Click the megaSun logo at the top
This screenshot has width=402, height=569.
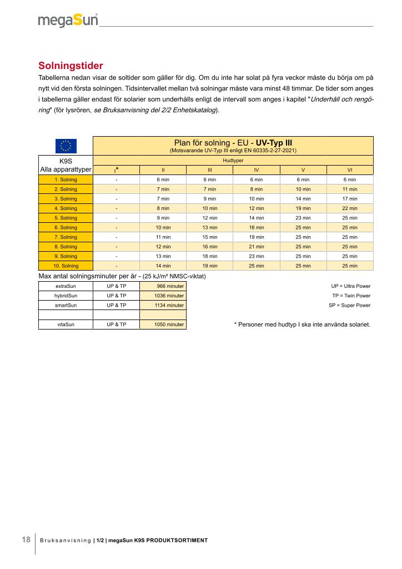click(68, 21)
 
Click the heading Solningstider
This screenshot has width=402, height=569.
click(71, 66)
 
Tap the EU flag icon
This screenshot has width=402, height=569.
click(66, 146)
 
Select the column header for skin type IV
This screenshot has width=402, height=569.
click(256, 170)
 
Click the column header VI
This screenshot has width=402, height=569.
click(350, 170)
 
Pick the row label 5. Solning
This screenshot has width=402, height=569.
click(66, 218)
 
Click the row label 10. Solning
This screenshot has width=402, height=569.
click(66, 266)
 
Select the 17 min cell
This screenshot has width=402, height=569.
click(350, 198)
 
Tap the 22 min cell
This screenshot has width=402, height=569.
click(350, 208)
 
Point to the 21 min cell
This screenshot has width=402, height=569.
click(256, 247)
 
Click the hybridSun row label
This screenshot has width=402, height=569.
click(66, 296)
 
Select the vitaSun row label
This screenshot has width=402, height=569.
click(66, 324)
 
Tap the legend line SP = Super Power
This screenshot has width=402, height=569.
click(349, 305)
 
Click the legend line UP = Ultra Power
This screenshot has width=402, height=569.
click(350, 286)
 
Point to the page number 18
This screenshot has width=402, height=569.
click(26, 540)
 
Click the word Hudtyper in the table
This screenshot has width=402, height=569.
click(233, 160)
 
